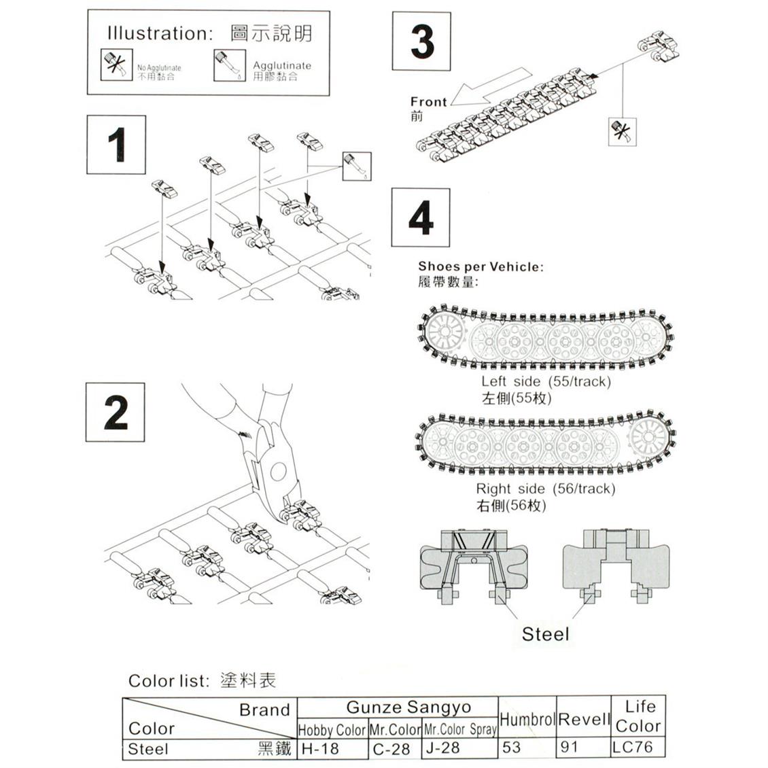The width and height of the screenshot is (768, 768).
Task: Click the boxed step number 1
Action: [x=116, y=144]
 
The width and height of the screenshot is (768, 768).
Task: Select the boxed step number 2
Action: [x=115, y=412]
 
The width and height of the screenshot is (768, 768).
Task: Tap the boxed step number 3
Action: [x=421, y=41]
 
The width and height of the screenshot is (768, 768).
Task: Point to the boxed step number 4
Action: [x=421, y=217]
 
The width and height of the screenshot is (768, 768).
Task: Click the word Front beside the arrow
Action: [x=428, y=102]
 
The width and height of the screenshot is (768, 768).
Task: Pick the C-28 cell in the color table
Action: [x=392, y=748]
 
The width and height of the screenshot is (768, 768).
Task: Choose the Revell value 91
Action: [x=570, y=747]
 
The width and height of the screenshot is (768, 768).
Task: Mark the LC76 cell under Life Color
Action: [x=632, y=747]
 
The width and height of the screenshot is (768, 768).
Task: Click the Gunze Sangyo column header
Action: [x=408, y=708]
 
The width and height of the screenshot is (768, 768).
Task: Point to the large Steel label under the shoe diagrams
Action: [x=545, y=634]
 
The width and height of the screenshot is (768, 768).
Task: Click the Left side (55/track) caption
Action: [x=546, y=381]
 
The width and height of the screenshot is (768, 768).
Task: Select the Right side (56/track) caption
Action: [x=545, y=489]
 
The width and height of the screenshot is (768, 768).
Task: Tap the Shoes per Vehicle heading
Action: [x=481, y=267]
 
